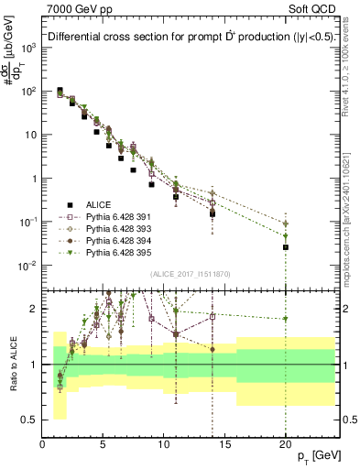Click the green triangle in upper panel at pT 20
(x=286, y=224)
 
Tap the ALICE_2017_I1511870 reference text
(x=188, y=274)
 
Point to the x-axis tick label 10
(x=164, y=442)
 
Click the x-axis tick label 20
(x=286, y=442)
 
